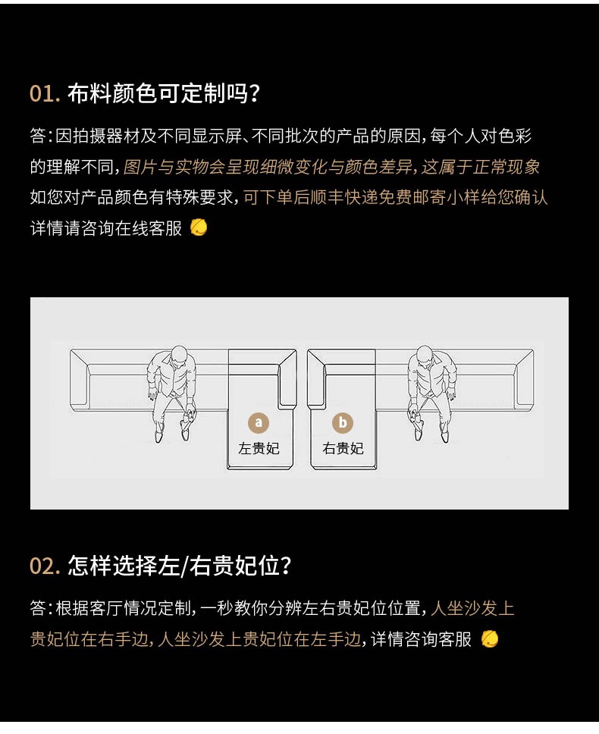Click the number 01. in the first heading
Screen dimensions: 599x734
tap(45, 93)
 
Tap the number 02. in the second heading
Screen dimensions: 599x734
tap(45, 566)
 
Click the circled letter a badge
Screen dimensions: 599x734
tap(259, 422)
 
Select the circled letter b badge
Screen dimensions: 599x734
tap(343, 422)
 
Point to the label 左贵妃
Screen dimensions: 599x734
tap(259, 448)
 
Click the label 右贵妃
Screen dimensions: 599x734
tap(343, 448)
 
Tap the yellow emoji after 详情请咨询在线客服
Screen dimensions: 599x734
tap(199, 228)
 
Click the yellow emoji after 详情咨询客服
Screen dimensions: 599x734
tap(490, 639)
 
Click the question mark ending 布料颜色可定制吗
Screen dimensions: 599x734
tap(255, 93)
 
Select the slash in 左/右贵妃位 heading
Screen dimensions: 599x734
tap(184, 566)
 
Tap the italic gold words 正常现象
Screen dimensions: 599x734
tap(506, 167)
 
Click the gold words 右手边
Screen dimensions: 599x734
tap(124, 639)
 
